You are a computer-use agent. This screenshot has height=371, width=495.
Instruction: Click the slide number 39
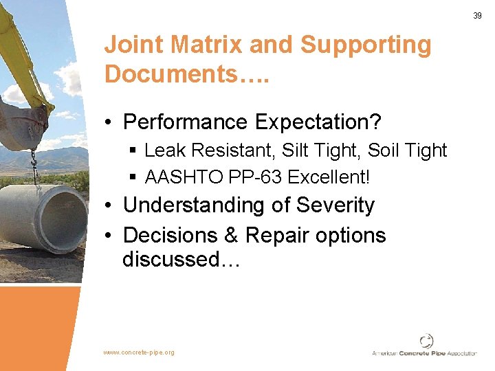477,16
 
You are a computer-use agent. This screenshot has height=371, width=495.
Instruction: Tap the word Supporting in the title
366,45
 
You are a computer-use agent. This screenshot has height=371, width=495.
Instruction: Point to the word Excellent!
329,177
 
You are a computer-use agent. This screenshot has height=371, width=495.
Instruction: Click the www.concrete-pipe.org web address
139,352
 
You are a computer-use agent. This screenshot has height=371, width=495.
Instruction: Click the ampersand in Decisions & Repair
231,235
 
